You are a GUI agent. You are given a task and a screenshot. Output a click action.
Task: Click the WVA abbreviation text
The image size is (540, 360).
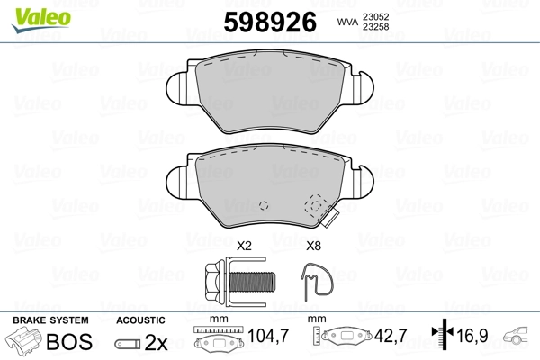click(346, 21)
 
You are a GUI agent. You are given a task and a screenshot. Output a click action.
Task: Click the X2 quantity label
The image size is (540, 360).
click(243, 245)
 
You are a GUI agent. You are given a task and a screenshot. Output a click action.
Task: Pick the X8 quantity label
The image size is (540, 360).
click(314, 245)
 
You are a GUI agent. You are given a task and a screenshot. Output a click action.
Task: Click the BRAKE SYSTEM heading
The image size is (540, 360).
click(49, 320)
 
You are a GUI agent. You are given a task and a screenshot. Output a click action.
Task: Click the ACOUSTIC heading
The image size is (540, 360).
click(140, 320)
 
